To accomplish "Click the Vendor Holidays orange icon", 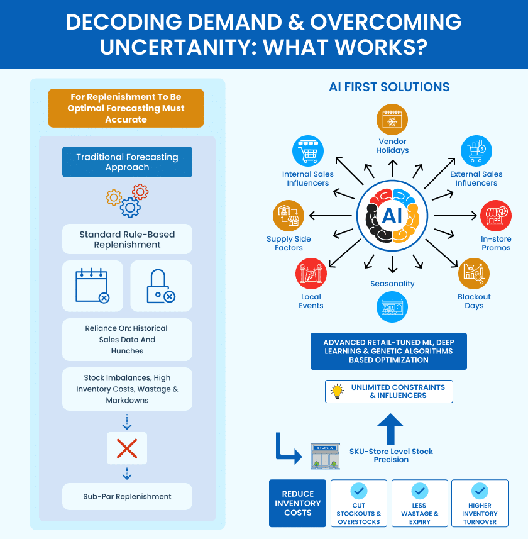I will point(392,119).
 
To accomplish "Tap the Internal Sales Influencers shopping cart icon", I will point(308,152).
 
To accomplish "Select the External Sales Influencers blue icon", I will point(476,152).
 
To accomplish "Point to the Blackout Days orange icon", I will point(474,274).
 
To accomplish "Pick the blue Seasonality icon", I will point(392,308).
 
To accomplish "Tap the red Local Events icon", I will point(311,274).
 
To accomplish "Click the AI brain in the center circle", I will point(392,217).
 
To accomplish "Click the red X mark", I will point(127,448).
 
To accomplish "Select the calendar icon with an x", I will point(92,286).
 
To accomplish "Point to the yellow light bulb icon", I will point(338,391).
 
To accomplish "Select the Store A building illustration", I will point(325,456).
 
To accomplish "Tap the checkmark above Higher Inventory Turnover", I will point(480,491).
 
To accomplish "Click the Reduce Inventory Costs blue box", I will point(298,503).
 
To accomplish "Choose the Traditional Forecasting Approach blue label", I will point(127,162).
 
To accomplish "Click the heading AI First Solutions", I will point(390,87).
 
